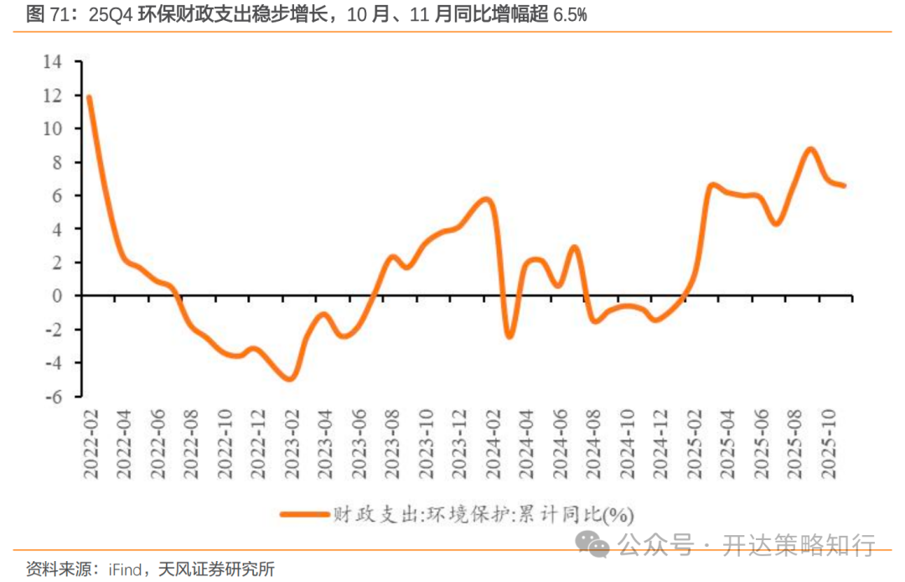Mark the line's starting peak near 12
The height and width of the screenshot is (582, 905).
click(89, 97)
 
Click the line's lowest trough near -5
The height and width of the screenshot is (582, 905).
click(289, 378)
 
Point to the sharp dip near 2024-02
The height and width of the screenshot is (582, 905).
click(509, 335)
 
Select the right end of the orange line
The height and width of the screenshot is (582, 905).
click(843, 185)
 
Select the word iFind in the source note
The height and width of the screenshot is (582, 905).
click(127, 569)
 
